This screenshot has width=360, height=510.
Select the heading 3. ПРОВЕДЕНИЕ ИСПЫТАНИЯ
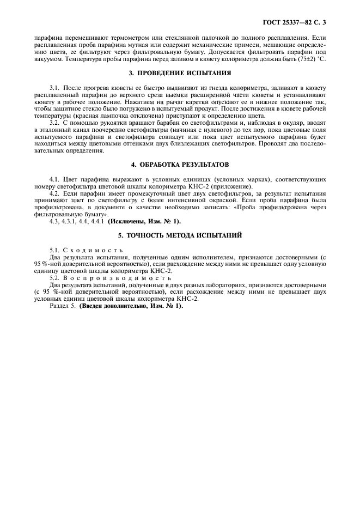pos(180,72)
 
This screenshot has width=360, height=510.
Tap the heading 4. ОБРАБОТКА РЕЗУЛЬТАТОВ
pos(180,164)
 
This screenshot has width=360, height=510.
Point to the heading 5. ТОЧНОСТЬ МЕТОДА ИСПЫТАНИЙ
pos(180,235)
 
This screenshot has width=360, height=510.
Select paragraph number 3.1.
pos(54,88)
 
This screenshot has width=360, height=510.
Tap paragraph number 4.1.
pos(54,179)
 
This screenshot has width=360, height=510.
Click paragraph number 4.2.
pos(54,194)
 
